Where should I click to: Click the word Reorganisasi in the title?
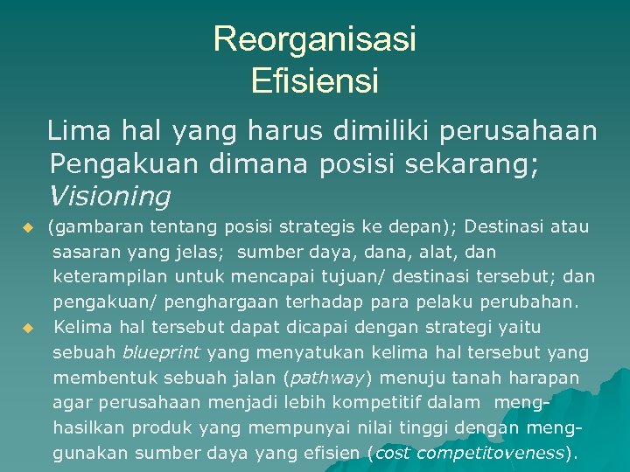tap(314, 39)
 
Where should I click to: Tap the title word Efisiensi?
tap(314, 81)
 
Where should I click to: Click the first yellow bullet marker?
tap(27, 228)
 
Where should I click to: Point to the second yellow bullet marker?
tap(27, 329)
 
